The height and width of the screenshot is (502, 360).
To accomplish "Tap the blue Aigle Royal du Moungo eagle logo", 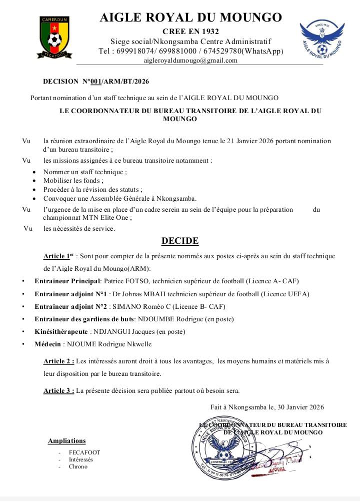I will [322, 40].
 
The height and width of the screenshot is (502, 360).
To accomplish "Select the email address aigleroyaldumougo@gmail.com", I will [190, 61].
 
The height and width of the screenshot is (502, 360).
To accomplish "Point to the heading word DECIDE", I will [180, 241].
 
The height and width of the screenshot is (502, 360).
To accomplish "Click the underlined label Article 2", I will [58, 361].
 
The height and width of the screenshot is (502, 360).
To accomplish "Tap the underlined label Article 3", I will [58, 390].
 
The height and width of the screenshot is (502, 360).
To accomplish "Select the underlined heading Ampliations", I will [66, 441].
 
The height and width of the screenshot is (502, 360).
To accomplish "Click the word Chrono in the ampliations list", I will [78, 466].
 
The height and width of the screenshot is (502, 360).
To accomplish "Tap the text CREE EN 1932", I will [191, 32].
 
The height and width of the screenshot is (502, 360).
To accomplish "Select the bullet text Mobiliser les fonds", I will [73, 181].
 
